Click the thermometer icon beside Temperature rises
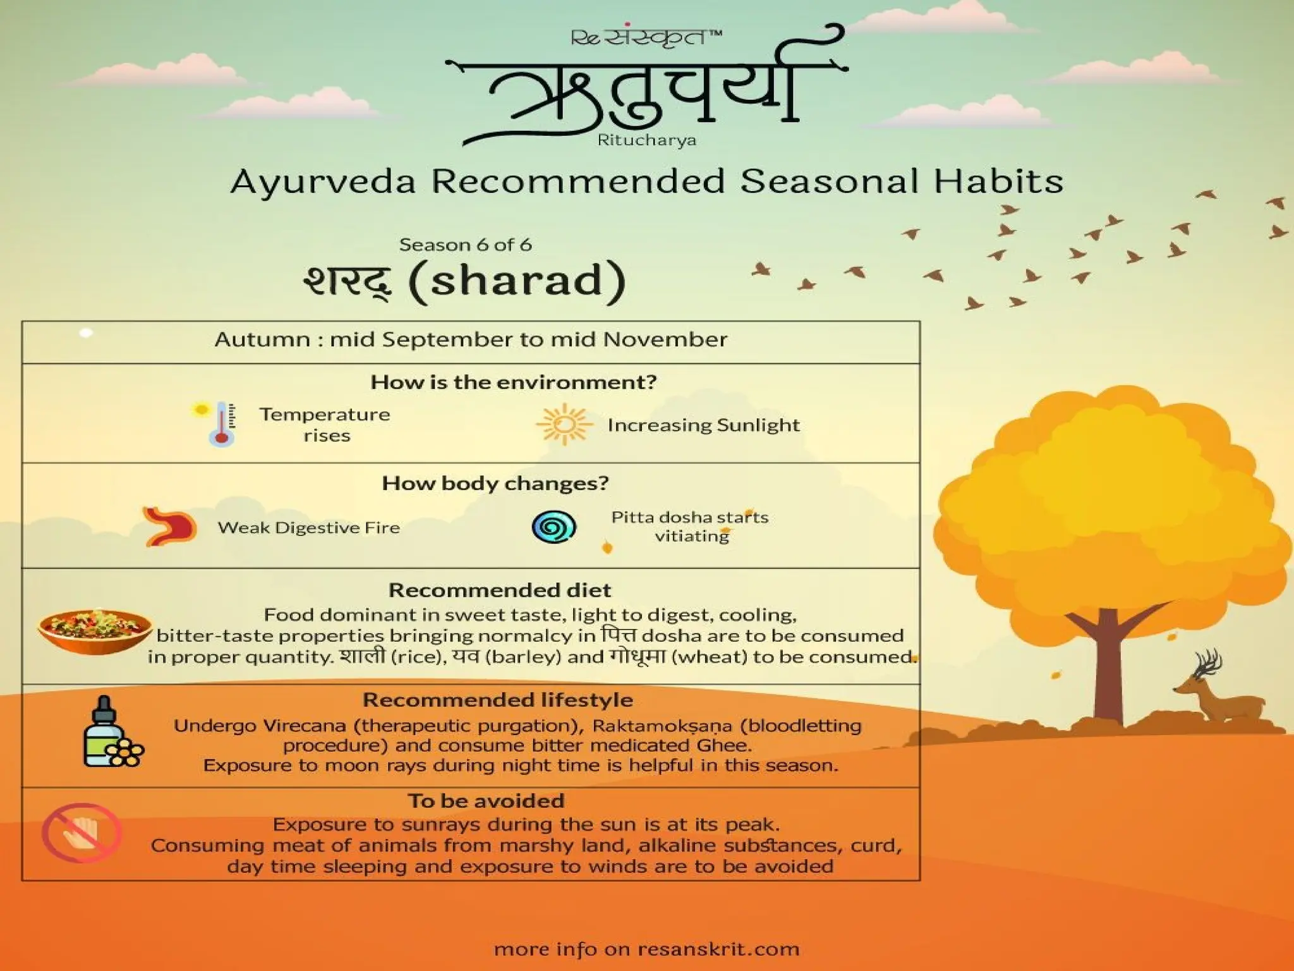click(221, 424)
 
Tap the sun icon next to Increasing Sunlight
click(564, 424)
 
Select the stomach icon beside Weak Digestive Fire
click(170, 526)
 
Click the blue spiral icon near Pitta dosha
click(553, 527)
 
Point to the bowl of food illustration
click(95, 630)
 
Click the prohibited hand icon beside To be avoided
click(82, 833)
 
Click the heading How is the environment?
click(513, 382)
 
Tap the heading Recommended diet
click(499, 590)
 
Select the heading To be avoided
click(485, 801)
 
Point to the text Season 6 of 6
click(465, 245)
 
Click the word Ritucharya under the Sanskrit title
click(646, 140)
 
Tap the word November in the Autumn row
click(665, 340)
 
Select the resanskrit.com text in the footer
click(718, 949)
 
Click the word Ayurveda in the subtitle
click(323, 182)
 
